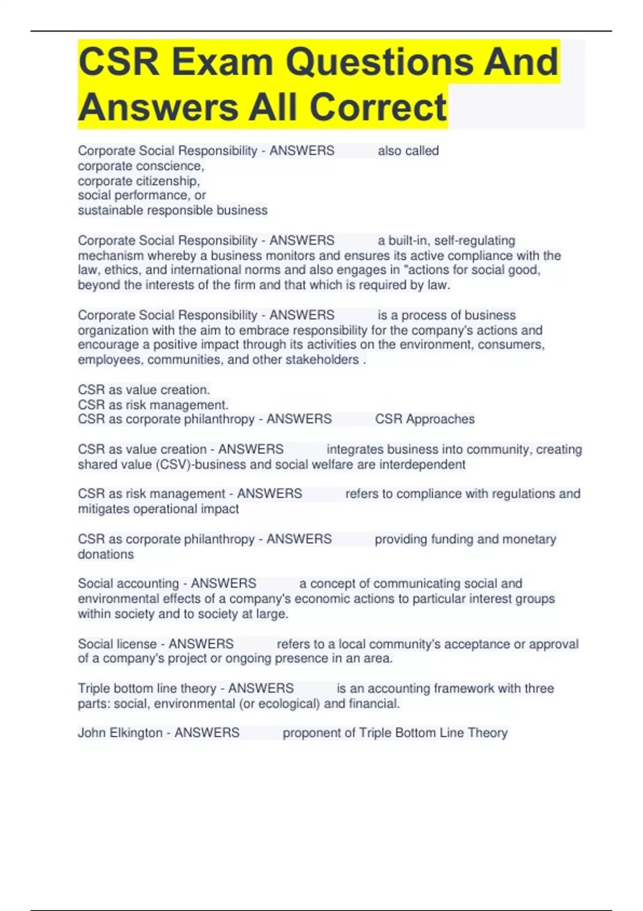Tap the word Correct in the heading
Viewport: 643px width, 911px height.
tap(378, 107)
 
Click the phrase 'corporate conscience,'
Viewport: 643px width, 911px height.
tap(141, 166)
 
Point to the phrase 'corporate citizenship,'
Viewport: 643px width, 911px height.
tap(139, 181)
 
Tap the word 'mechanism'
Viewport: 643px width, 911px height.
tap(110, 256)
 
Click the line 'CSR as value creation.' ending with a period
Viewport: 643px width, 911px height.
tap(144, 390)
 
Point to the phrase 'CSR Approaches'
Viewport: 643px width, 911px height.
tap(424, 419)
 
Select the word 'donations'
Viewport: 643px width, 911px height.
tap(106, 554)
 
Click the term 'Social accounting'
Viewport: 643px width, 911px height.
tap(128, 584)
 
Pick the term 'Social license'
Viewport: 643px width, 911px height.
tap(117, 644)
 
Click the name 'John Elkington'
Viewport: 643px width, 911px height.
tap(120, 733)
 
